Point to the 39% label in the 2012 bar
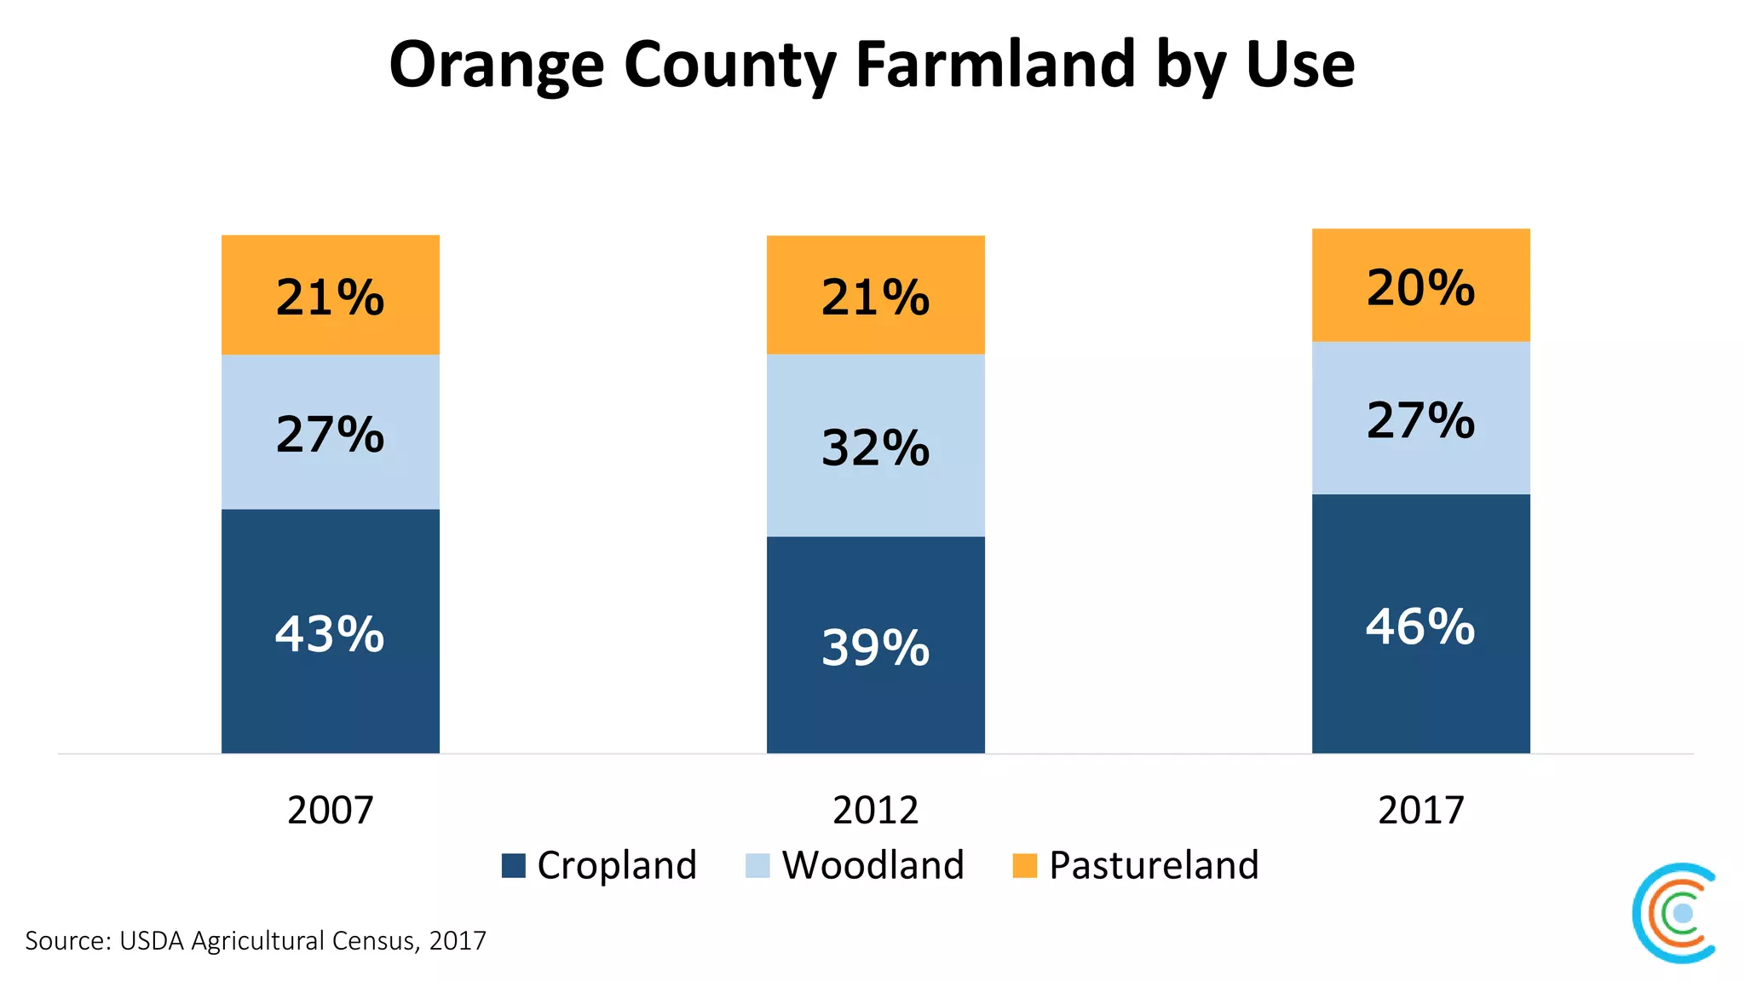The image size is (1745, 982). [876, 648]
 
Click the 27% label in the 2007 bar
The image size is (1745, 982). [331, 435]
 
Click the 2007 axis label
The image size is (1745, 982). [331, 810]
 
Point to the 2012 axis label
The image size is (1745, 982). [876, 810]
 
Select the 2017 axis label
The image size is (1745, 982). [1420, 810]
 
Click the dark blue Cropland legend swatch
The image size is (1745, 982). [514, 866]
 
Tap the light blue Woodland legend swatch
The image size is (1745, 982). [757, 866]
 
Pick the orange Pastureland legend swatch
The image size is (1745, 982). [1025, 866]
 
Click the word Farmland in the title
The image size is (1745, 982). [995, 65]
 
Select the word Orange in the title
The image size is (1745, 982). [497, 65]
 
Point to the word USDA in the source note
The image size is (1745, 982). [152, 941]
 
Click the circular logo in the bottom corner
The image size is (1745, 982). [1676, 914]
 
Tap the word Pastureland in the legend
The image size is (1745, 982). [1154, 866]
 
